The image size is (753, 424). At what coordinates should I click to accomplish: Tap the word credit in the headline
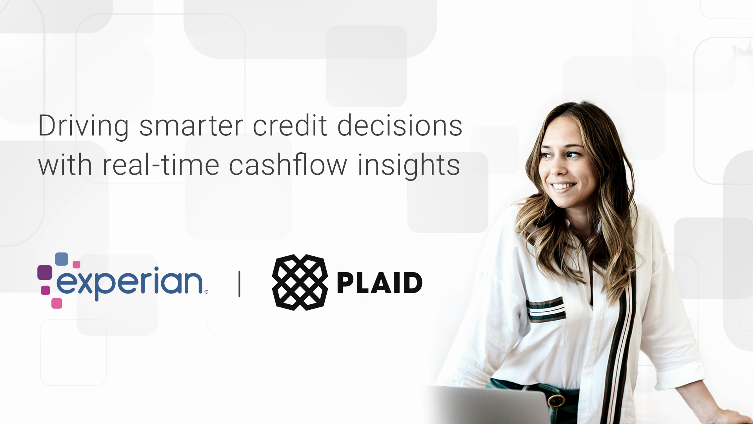(x=290, y=125)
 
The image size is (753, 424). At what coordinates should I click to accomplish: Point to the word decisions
(x=400, y=125)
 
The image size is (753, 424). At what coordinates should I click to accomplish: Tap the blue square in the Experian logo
(x=62, y=259)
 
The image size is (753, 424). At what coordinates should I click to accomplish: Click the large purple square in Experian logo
(x=45, y=272)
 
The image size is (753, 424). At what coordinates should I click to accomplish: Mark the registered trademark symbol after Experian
(x=206, y=292)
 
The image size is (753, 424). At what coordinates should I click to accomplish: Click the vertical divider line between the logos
(x=239, y=284)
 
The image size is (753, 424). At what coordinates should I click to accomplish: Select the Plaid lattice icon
(x=300, y=282)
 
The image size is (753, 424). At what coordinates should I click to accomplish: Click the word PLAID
(x=380, y=283)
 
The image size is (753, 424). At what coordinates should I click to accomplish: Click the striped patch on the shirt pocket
(x=546, y=309)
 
